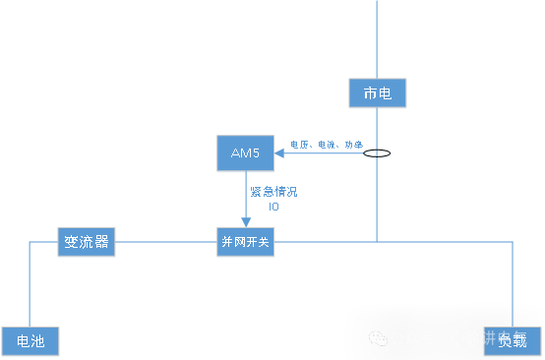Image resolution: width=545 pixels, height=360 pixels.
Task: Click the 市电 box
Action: pos(377,93)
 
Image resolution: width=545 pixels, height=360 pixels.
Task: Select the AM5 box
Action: pos(245,153)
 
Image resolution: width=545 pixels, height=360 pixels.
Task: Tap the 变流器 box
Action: pos(86,242)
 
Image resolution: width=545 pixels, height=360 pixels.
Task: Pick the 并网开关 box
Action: pos(245,242)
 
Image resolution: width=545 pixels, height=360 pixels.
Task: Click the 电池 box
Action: pos(30,341)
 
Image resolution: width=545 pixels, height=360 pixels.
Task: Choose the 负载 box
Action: pos(512,341)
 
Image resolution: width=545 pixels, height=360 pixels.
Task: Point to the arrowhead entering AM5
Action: pos(278,153)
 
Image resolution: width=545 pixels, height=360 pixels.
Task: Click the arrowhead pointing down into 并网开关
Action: pos(245,222)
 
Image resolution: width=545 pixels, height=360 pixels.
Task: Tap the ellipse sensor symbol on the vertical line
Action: pos(376,154)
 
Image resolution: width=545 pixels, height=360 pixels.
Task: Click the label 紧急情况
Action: pos(272,192)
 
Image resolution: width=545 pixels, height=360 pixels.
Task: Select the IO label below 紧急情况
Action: pos(273,207)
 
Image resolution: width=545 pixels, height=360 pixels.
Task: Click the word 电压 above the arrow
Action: pos(298,145)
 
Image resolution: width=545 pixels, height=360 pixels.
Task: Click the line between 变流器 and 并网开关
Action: pos(165,242)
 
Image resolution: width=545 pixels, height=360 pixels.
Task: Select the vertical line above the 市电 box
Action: pos(377,39)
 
